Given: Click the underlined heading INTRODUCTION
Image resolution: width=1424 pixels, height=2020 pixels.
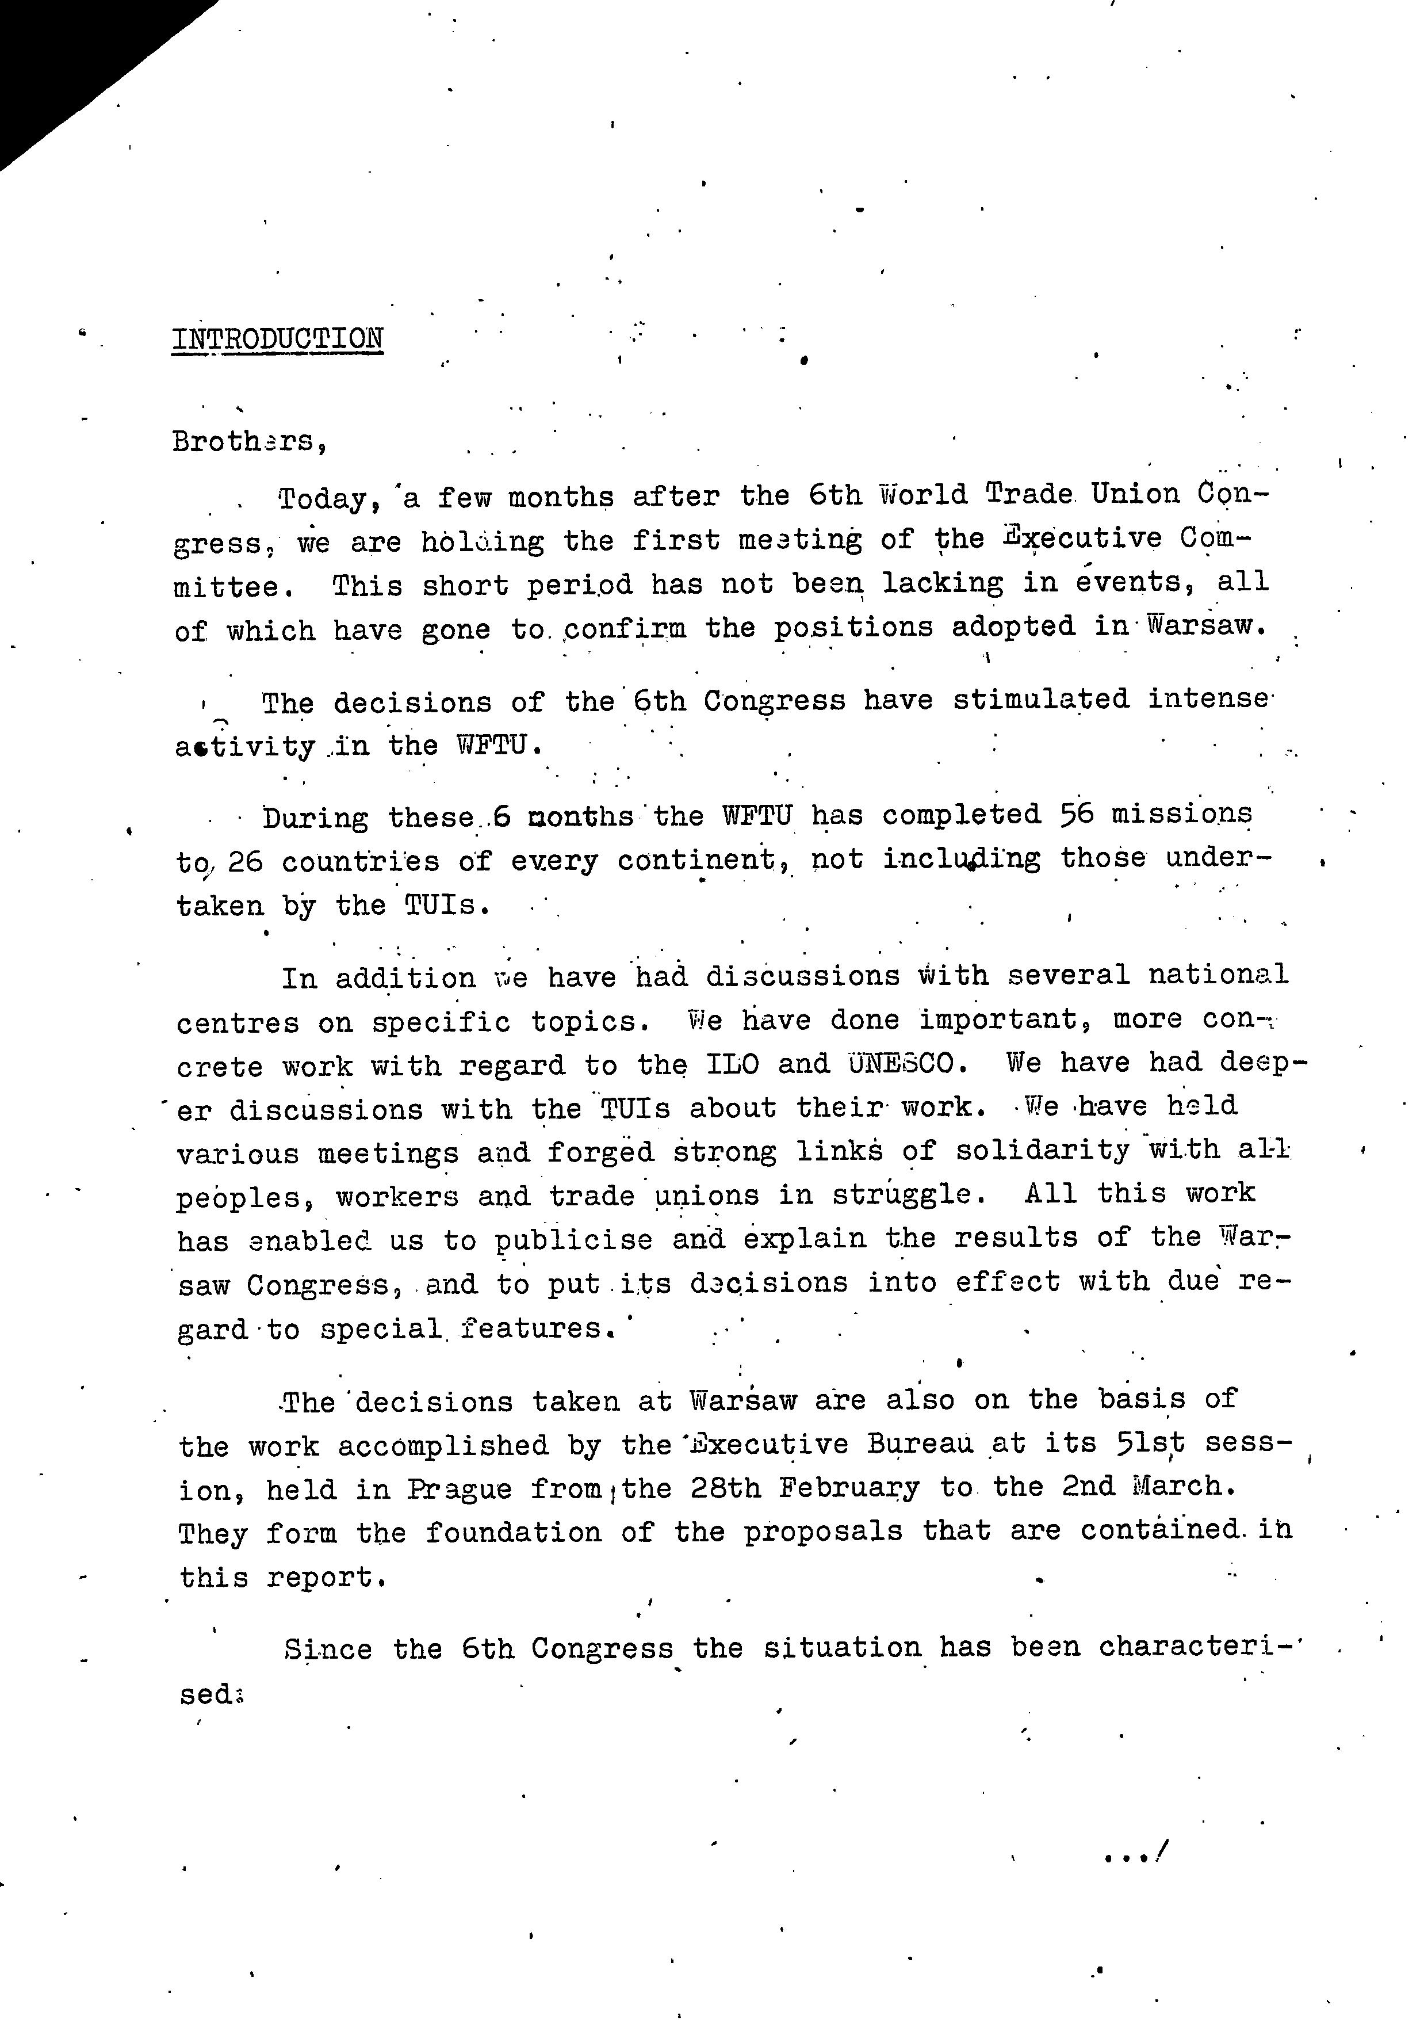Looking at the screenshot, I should tap(277, 339).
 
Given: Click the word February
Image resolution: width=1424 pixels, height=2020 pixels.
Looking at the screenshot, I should tap(849, 1488).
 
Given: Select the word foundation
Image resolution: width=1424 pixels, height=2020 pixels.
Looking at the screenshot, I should tap(513, 1533).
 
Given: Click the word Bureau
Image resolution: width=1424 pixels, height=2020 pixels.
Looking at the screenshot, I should tap(920, 1444).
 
